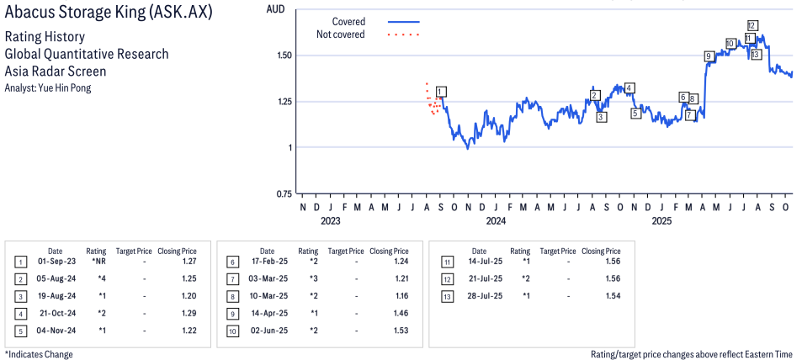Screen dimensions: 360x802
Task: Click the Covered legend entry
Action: click(348, 22)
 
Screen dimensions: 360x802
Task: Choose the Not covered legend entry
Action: click(341, 34)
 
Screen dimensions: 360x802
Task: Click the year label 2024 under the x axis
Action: click(495, 222)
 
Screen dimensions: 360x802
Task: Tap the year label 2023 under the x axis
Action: click(330, 222)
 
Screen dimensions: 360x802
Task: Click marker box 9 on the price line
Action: click(709, 56)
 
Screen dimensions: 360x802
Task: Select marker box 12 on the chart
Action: click(752, 25)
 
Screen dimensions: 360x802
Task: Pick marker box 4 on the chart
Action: click(629, 87)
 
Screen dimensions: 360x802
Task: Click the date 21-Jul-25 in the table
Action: click(479, 278)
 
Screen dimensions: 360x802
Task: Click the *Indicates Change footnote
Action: click(39, 354)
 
